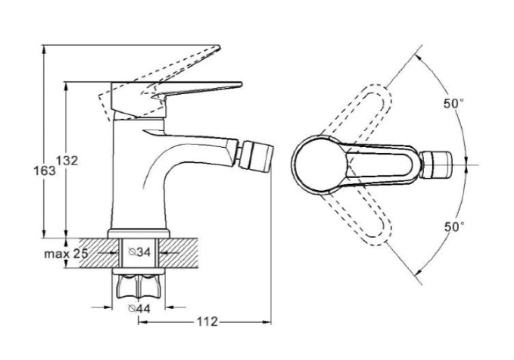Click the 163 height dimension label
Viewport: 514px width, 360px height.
(x=45, y=171)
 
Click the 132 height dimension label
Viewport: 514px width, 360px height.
(x=67, y=160)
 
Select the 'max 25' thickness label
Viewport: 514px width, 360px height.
(x=66, y=254)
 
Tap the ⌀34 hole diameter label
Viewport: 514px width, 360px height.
(x=139, y=252)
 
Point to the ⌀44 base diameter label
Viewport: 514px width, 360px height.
(x=139, y=309)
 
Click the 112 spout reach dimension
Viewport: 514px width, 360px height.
(x=207, y=322)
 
